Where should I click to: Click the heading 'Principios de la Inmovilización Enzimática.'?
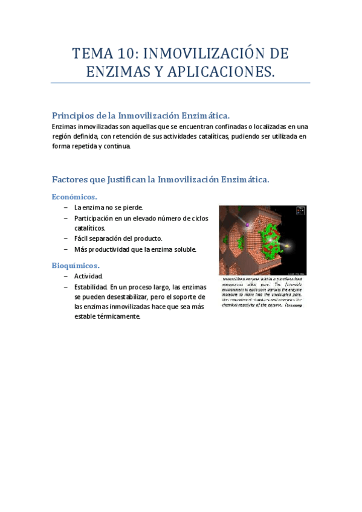click(141, 115)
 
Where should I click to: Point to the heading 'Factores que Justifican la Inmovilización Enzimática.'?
click(160, 179)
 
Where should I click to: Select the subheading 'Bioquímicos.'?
click(76, 265)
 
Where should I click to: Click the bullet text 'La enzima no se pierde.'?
click(108, 208)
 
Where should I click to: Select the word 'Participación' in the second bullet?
click(94, 218)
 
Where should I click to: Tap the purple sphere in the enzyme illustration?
click(247, 225)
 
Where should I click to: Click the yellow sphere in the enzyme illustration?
click(287, 246)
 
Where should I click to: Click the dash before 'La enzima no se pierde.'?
click(65, 208)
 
